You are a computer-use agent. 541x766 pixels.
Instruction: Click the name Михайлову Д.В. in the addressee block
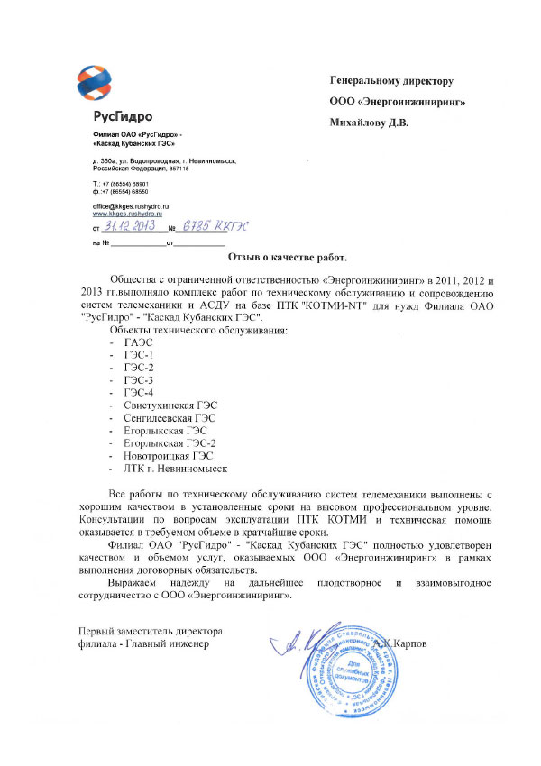(370, 123)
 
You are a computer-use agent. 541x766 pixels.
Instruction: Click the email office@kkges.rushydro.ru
(132, 207)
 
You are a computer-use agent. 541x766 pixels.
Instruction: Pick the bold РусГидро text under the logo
(122, 117)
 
